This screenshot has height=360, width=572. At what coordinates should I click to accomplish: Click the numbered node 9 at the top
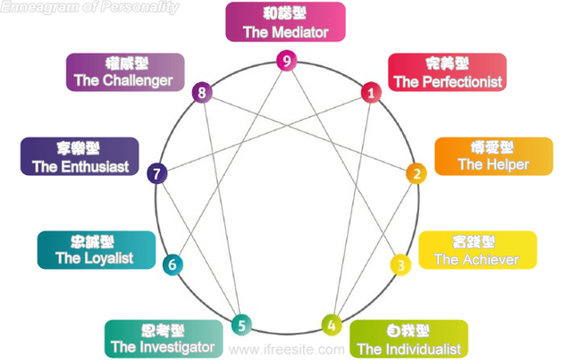(285, 61)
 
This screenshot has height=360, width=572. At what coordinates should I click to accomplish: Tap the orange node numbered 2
(415, 173)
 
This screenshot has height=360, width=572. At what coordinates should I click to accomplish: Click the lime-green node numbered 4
(332, 324)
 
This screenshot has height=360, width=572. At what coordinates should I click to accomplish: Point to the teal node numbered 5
(240, 324)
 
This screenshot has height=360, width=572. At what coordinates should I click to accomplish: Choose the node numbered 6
(172, 264)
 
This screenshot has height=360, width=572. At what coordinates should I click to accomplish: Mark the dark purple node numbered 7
(157, 173)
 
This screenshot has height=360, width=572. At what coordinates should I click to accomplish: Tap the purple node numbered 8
(203, 91)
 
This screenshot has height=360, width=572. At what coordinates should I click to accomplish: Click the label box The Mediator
(285, 22)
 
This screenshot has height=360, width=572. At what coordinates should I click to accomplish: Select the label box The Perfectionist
(447, 72)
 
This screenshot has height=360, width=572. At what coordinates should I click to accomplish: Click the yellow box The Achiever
(477, 250)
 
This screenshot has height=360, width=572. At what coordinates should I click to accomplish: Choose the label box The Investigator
(164, 339)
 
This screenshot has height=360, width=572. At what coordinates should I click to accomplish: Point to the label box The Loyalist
(94, 249)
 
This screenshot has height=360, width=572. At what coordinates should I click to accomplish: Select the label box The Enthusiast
(80, 156)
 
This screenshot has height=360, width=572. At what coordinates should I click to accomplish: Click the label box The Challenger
(124, 71)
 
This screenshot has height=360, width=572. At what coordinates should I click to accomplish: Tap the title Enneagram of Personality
(89, 7)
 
